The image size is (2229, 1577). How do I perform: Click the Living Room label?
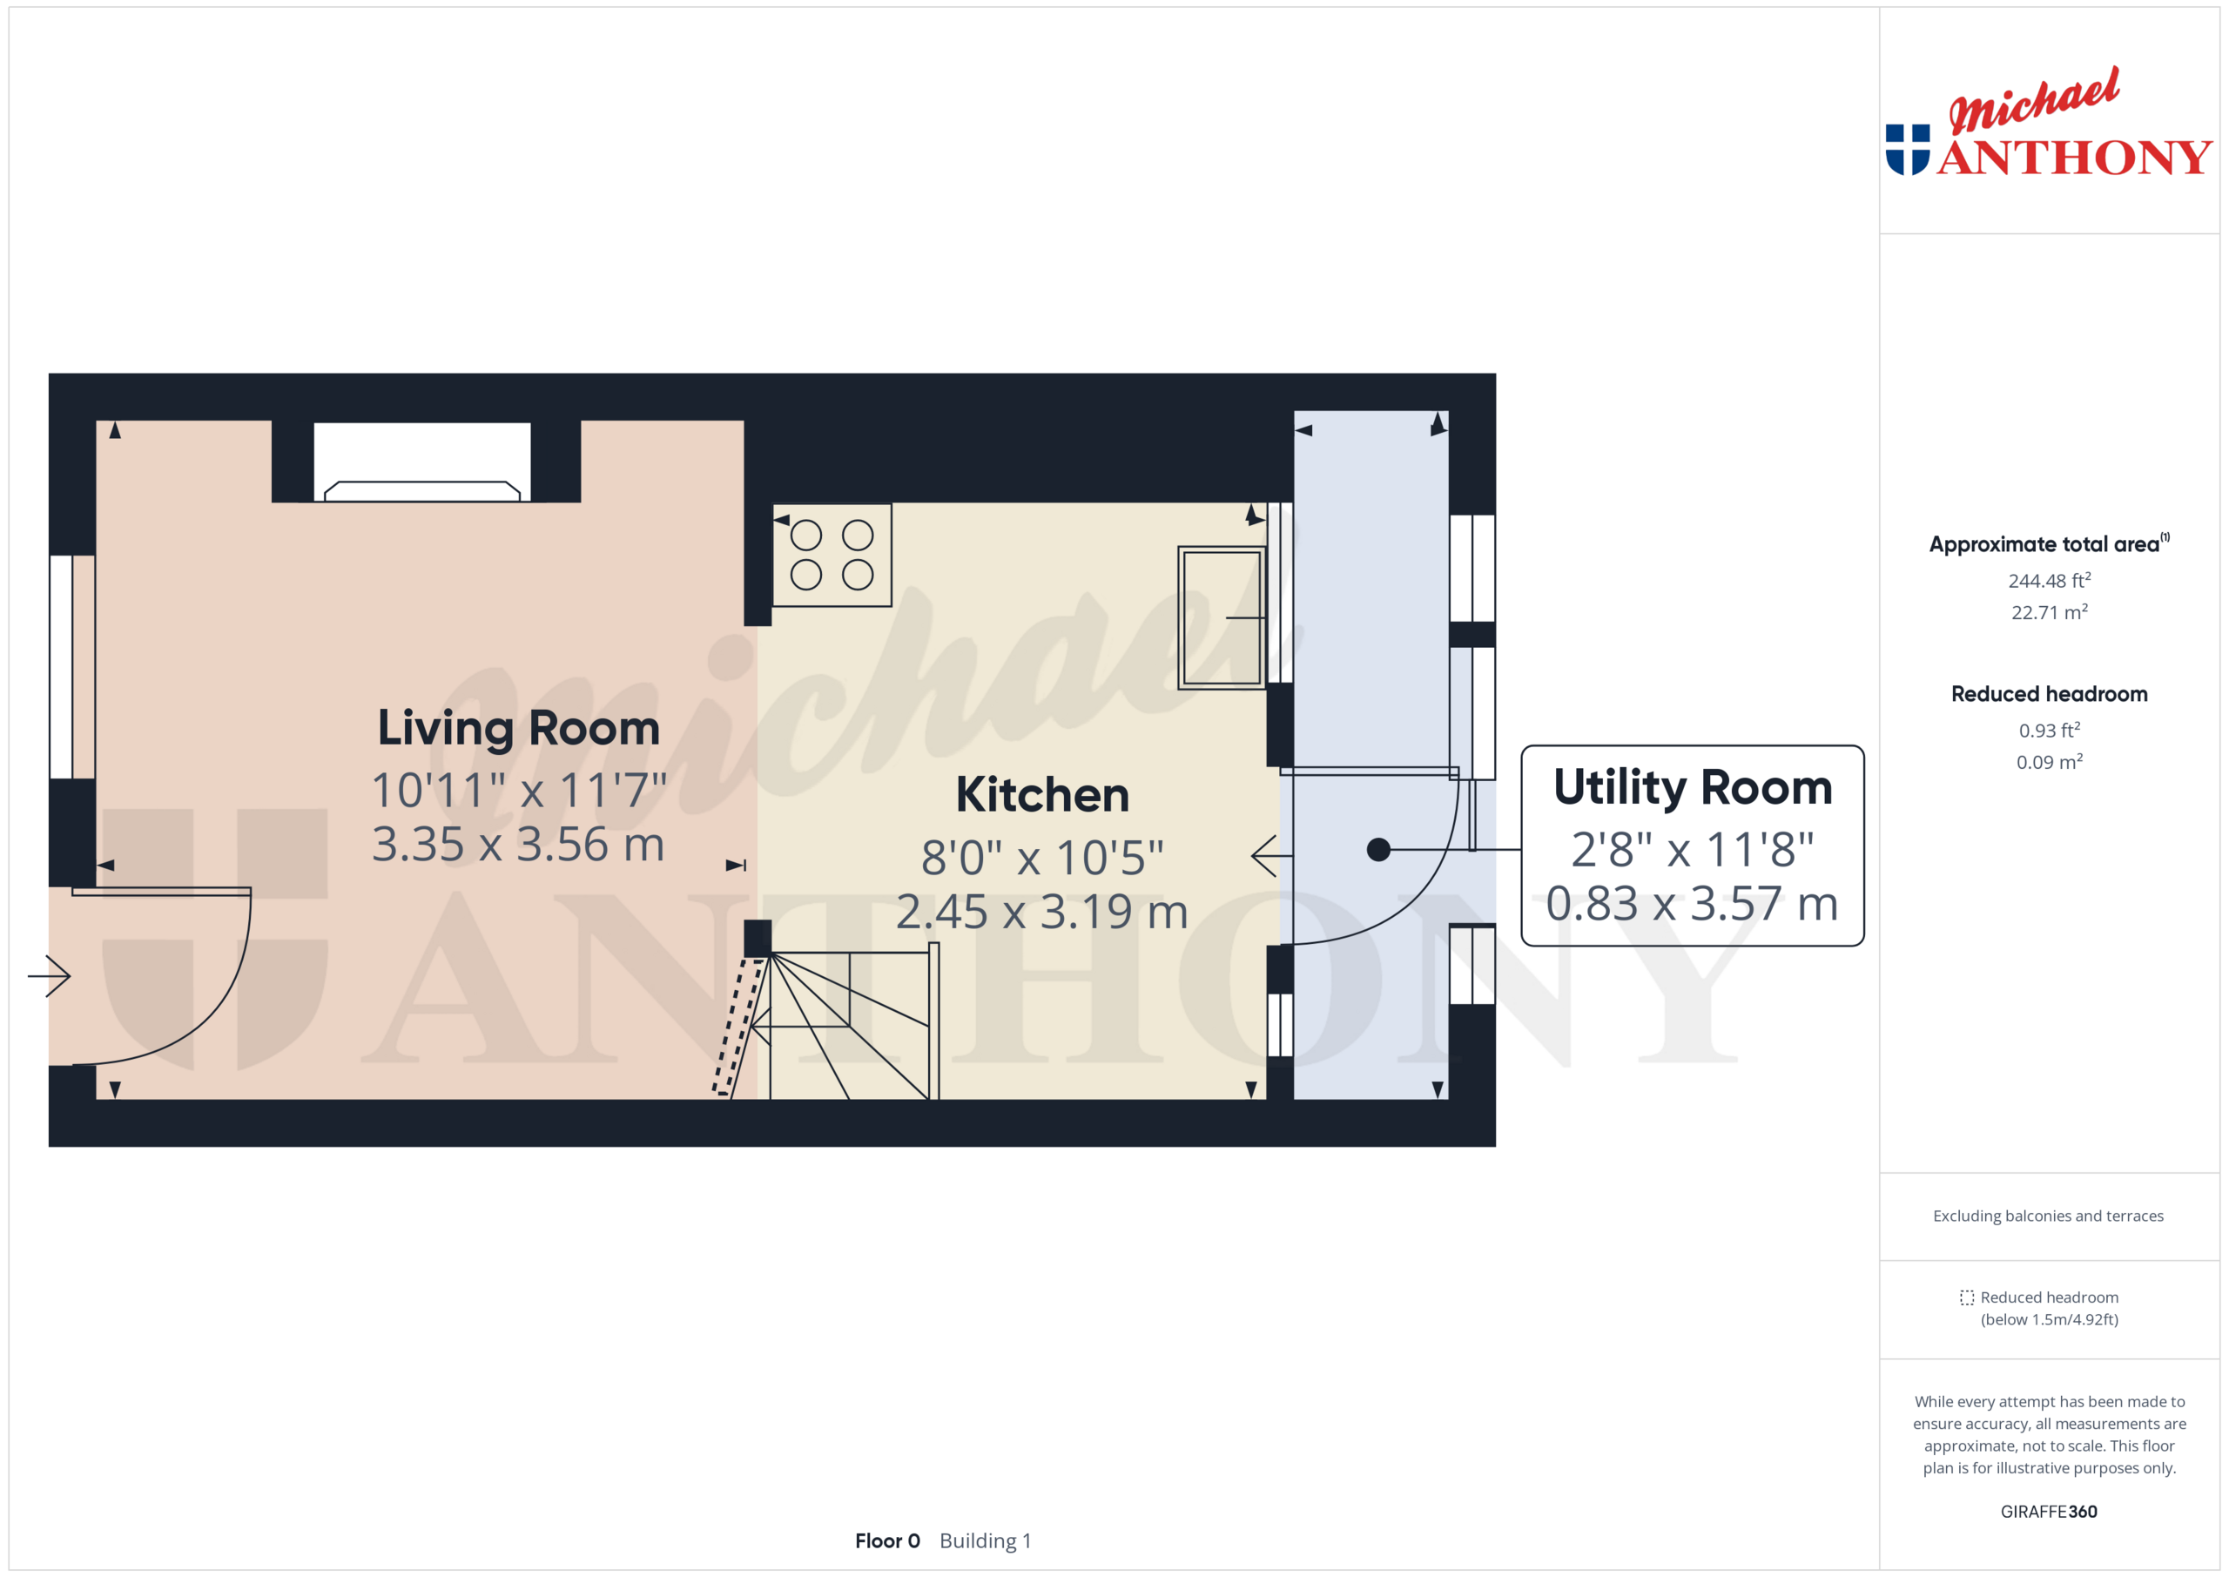(x=518, y=728)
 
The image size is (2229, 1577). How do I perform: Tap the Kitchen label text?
(x=1041, y=795)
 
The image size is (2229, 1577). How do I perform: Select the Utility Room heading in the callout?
(x=1692, y=787)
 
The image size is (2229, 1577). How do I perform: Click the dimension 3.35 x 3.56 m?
(x=518, y=844)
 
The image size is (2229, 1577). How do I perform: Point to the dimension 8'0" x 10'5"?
(x=1041, y=858)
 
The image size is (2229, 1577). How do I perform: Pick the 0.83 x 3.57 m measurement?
(x=1692, y=903)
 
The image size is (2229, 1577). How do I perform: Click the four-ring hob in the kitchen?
(x=832, y=556)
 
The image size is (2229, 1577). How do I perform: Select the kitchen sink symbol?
(x=1221, y=617)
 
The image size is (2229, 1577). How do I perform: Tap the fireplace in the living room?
(x=422, y=464)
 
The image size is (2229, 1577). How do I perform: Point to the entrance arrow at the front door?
(x=50, y=975)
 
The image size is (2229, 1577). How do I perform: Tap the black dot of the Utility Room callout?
(x=1377, y=850)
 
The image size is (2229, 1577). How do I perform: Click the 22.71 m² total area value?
(x=2049, y=613)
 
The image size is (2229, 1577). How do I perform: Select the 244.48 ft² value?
(x=2049, y=581)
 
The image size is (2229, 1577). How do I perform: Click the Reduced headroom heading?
(x=2049, y=694)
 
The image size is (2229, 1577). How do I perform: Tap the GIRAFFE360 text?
(x=2049, y=1511)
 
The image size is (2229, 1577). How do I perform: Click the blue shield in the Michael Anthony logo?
(x=1907, y=150)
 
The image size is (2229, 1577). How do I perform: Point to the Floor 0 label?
(x=886, y=1541)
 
